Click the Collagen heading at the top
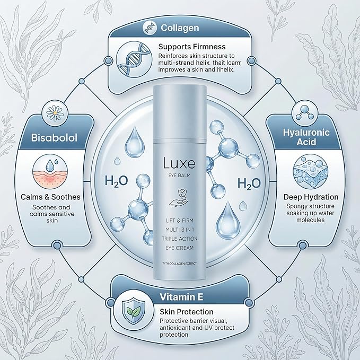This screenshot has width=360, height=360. pos(180,28)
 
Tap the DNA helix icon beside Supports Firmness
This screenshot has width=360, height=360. pos(134,59)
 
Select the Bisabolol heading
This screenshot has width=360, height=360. pos(54,137)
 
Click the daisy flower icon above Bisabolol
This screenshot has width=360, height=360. pos(55,113)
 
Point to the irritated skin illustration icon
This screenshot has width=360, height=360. pos(50,171)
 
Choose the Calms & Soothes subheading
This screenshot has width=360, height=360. pos(50,197)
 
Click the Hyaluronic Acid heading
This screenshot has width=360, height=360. pos(306,137)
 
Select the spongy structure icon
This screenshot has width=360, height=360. pos(310,171)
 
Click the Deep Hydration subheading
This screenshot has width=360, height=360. pos(311,197)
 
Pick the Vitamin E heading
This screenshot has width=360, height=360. pos(181,297)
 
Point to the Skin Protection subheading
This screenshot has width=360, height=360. pos(187,312)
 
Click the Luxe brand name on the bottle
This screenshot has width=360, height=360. pos(179,163)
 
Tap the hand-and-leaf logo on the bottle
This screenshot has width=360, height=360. pos(179,197)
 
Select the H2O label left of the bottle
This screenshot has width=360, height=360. pos(116,181)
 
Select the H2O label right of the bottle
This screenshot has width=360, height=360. pos(249,183)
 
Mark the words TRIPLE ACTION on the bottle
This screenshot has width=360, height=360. pos(180,239)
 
